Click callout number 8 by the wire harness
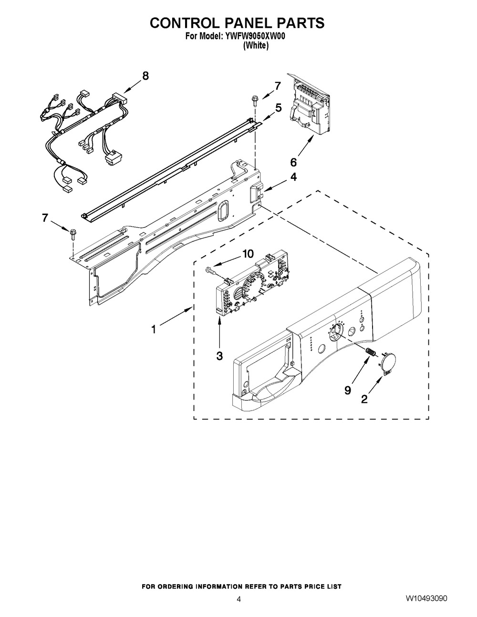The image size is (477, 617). tap(145, 76)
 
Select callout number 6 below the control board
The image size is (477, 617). tap(293, 163)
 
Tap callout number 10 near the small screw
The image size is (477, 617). tap(248, 254)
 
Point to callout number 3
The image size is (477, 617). tap(219, 356)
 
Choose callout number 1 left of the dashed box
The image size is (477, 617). tap(154, 329)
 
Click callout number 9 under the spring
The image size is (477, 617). tap(348, 391)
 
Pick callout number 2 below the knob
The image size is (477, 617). tap(364, 399)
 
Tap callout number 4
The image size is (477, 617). tap(293, 177)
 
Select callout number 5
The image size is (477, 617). tap(279, 108)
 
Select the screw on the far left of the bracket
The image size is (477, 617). tap(73, 233)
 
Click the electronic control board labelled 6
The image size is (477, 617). tap(310, 108)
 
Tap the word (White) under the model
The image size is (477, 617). tap(256, 45)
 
